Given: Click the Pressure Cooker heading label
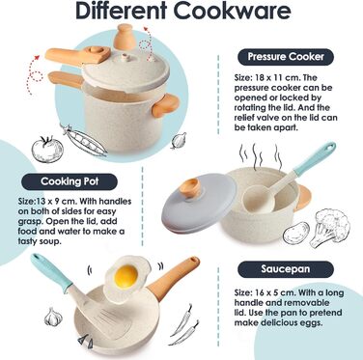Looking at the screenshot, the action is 286,57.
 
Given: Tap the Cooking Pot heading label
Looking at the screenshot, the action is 70,181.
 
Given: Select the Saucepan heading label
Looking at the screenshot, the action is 286,269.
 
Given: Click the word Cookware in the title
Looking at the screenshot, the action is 232,12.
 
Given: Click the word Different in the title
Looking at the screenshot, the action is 121,12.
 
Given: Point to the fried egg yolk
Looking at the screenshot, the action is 126,277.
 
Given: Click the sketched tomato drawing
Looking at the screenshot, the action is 47,149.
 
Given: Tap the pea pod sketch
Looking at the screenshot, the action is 84,141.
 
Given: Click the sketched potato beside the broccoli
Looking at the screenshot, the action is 295,232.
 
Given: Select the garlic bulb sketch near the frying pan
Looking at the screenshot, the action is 53,317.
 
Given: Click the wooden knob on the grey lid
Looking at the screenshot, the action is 190,187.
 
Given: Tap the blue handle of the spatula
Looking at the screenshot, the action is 51,271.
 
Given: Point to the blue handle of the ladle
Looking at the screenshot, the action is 315,159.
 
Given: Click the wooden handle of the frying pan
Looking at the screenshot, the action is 174,274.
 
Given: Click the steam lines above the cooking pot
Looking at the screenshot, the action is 262,157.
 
